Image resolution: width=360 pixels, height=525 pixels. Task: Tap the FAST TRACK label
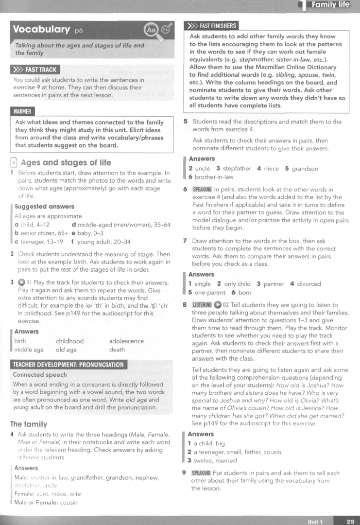coord(37,70)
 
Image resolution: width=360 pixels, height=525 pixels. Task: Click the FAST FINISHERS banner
coord(212,26)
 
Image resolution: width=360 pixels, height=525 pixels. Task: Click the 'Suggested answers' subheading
coord(44,207)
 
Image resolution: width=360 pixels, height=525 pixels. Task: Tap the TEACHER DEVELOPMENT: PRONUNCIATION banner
coord(69,365)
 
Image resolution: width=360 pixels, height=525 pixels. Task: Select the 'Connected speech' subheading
coord(40,375)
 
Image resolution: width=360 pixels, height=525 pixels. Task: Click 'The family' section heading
coord(29,424)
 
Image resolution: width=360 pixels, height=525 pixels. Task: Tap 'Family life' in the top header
coord(331,5)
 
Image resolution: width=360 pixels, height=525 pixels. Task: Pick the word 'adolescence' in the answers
coord(126,341)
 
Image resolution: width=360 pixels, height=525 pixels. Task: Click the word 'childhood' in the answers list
coord(69,341)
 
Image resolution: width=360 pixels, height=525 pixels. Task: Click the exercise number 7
coord(185,241)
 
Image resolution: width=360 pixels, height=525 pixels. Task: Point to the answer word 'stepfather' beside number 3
coord(237,169)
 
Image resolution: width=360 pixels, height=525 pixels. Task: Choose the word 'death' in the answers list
coord(117,350)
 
